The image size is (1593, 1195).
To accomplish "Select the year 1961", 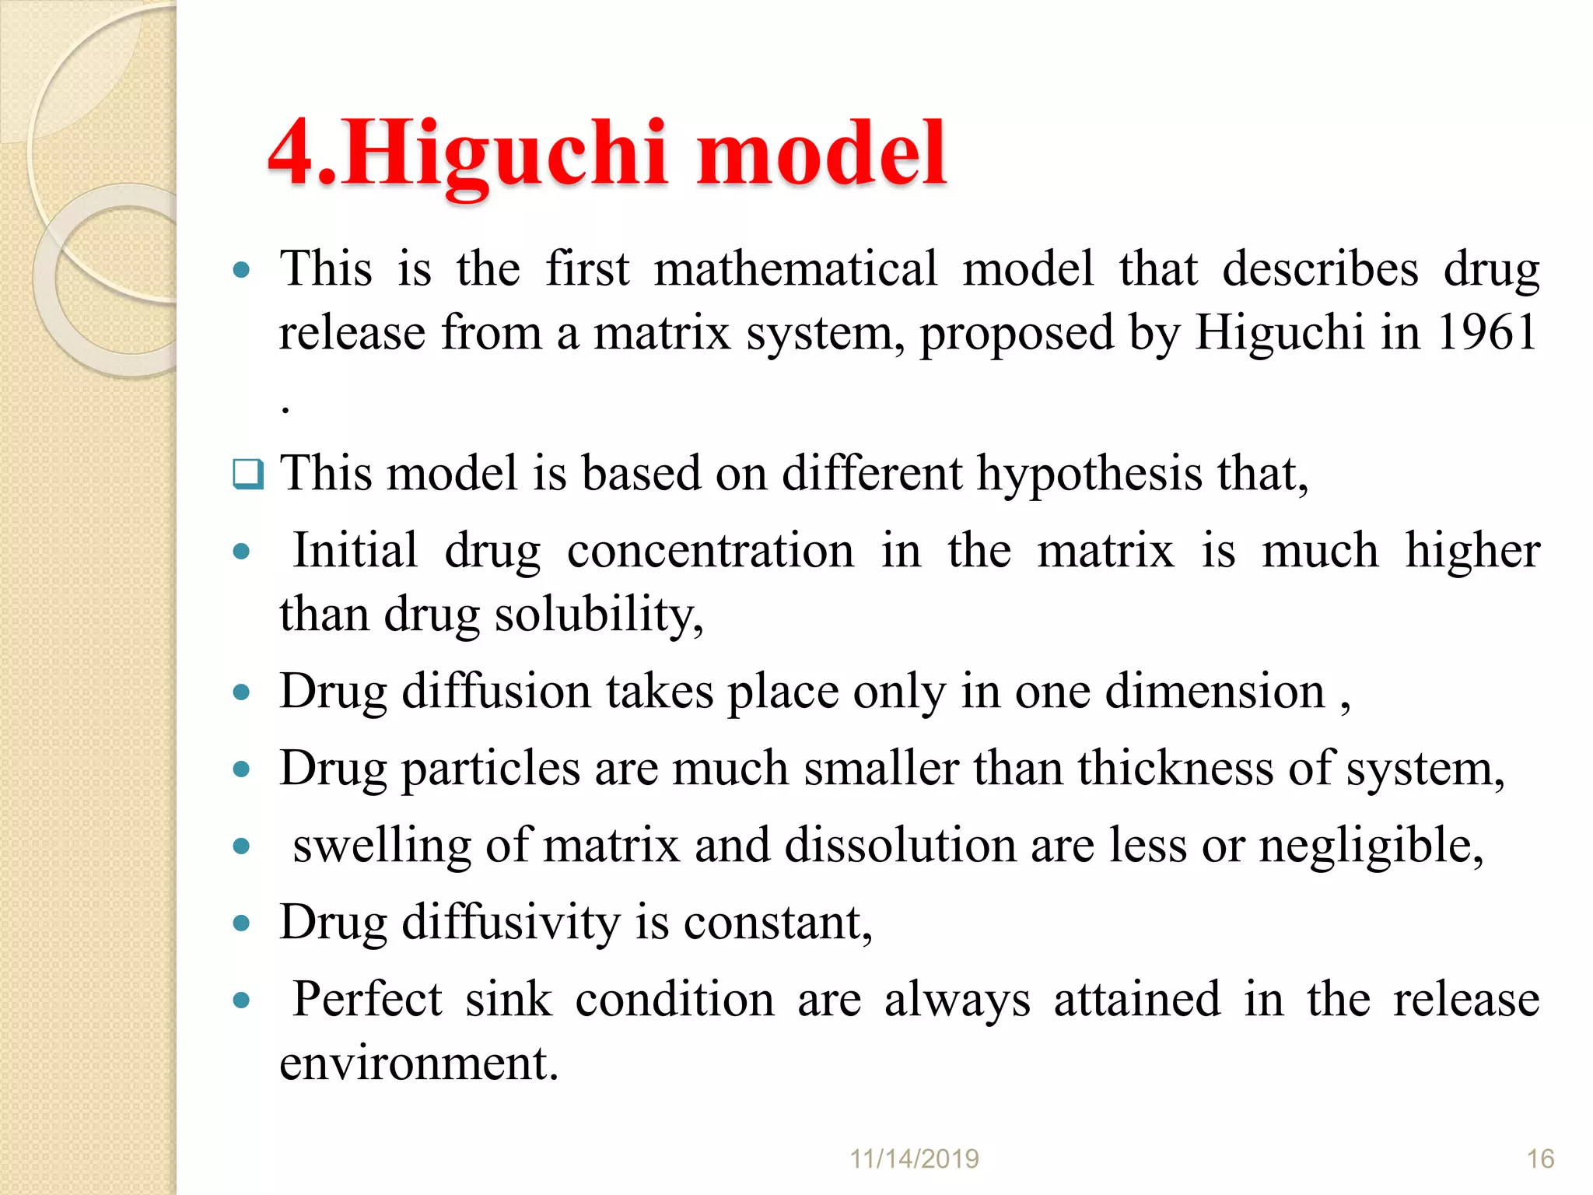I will point(1486,332).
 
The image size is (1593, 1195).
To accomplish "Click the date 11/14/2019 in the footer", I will point(914,1159).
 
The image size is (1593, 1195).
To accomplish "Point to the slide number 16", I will point(1540,1159).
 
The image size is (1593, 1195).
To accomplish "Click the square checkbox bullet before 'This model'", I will point(248,473).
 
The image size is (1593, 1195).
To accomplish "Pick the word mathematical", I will point(796,269).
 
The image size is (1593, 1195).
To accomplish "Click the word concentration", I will point(710,551).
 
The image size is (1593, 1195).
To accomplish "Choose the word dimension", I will point(1214,691).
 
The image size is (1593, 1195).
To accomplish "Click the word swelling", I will point(382,846).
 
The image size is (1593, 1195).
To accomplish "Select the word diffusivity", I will point(510,923).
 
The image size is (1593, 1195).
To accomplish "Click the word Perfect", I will point(367,1000).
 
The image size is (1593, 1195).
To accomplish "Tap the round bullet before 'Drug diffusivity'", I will point(242,923).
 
